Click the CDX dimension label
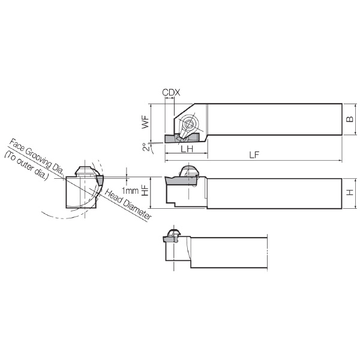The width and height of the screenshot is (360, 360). [x=171, y=92]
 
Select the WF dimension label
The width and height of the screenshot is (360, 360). [x=145, y=122]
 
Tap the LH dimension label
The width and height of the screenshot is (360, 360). [x=187, y=149]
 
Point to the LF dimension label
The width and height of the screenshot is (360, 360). [x=254, y=155]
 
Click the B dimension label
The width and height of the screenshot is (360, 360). [x=350, y=119]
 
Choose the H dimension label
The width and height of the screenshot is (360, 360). [x=350, y=192]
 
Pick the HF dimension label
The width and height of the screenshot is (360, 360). [x=145, y=190]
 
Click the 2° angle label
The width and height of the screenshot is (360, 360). [x=146, y=147]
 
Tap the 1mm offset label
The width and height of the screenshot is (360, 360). [x=130, y=190]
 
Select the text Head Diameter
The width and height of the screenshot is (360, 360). [x=128, y=205]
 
